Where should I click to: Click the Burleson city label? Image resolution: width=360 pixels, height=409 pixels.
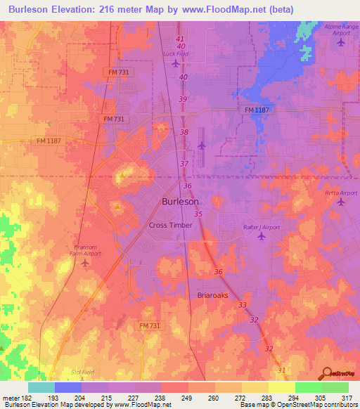pos(180,201)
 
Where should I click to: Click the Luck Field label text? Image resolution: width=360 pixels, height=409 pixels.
pos(175,53)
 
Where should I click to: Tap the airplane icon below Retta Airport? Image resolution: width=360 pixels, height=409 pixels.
pos(342,202)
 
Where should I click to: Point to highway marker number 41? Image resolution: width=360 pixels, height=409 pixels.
pos(180,38)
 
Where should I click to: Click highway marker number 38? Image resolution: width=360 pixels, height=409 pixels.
pos(184,132)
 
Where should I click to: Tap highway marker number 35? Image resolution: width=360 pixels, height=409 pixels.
pos(198,214)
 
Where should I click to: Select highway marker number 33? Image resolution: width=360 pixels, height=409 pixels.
pos(243,305)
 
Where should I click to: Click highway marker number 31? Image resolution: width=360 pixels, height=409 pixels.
pos(282,370)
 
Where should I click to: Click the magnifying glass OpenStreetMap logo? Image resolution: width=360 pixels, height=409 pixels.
pos(327,373)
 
